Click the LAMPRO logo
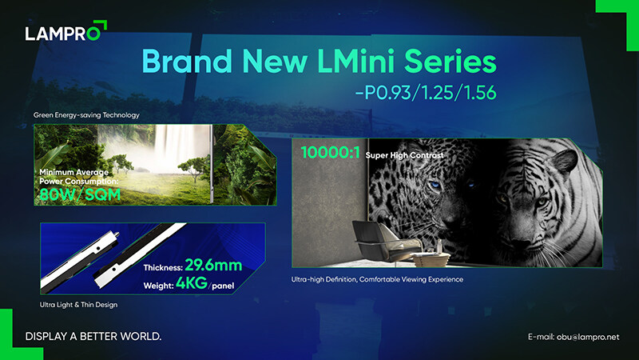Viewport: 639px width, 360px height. click(65, 30)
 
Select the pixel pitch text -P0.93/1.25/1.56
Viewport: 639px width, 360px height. click(426, 93)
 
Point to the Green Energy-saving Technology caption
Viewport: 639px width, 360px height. click(86, 115)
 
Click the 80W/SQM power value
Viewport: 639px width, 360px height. click(80, 194)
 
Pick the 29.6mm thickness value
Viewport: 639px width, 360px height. click(213, 266)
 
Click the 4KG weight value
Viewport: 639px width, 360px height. click(192, 282)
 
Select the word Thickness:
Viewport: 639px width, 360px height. click(163, 268)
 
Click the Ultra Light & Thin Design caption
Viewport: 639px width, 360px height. click(78, 305)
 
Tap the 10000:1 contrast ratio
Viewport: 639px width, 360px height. click(331, 153)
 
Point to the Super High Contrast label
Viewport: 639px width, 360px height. click(404, 155)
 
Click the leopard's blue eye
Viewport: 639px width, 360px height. click(435, 186)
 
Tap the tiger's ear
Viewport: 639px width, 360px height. click(563, 161)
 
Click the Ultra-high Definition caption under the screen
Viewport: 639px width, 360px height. click(377, 279)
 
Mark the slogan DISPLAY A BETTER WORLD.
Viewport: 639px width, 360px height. click(93, 336)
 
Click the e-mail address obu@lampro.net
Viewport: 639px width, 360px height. click(588, 337)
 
